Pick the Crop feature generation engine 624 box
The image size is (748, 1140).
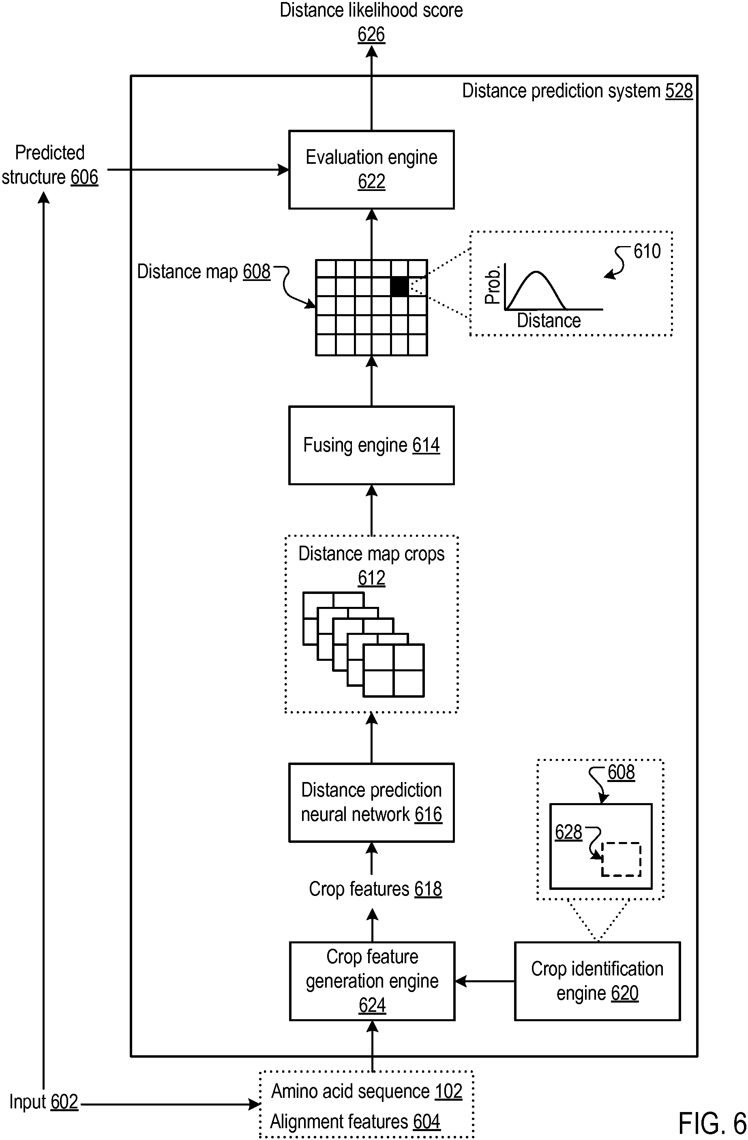[372, 981]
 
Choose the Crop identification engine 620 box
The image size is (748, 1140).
[597, 981]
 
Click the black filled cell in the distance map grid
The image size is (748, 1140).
[399, 287]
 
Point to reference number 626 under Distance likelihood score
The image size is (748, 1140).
[371, 34]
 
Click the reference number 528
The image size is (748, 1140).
[679, 90]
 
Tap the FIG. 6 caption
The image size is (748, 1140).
[712, 1123]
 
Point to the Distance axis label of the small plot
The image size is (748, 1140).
[549, 320]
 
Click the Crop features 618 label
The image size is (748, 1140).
[375, 889]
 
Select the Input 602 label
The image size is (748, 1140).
[43, 1101]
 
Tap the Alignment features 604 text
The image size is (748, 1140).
[355, 1121]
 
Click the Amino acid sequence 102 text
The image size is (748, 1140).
[367, 1091]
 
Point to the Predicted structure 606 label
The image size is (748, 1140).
[50, 165]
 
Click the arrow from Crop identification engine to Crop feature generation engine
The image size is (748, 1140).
[484, 981]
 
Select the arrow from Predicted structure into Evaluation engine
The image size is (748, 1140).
[198, 169]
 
